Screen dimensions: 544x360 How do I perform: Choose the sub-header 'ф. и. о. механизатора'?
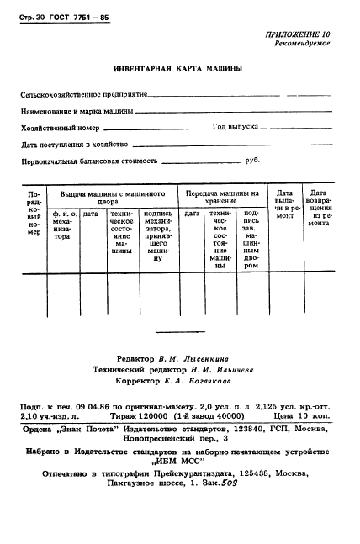pyautogui.click(x=63, y=225)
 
